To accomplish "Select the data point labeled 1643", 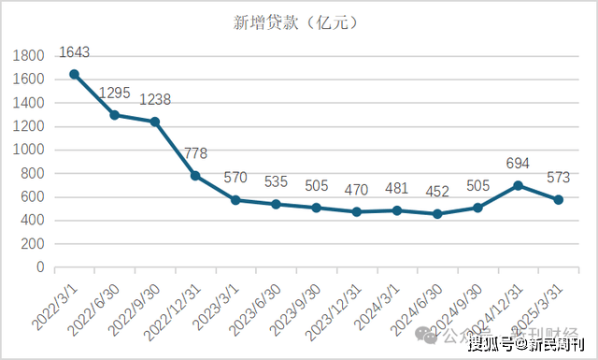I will (x=74, y=74).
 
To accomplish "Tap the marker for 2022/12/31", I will (x=195, y=175).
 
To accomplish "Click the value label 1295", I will (x=115, y=94).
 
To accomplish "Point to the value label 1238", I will (x=155, y=100).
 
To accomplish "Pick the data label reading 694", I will (x=518, y=165).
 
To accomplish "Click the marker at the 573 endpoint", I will (x=559, y=199).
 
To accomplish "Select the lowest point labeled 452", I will (x=437, y=214).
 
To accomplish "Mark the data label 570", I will (x=235, y=179).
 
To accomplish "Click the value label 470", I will (x=356, y=191).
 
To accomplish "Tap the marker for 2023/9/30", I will (x=317, y=208).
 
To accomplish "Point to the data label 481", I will (x=396, y=189).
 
